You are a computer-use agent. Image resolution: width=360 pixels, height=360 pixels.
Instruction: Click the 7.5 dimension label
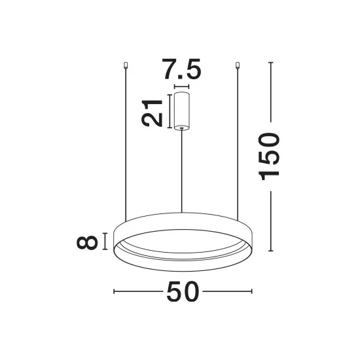point(181,69)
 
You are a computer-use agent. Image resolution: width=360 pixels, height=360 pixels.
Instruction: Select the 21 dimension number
point(152,113)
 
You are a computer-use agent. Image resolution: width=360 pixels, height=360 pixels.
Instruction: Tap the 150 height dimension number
point(269,156)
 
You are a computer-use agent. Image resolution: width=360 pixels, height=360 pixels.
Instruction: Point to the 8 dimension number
point(87,242)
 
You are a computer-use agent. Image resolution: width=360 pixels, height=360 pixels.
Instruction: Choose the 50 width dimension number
point(183,291)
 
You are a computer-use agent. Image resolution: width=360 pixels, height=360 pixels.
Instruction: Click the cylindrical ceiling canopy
point(181,111)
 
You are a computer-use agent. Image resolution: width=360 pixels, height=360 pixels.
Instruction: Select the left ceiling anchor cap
point(126,65)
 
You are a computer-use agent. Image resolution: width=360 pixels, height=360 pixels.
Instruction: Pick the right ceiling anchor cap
point(238,65)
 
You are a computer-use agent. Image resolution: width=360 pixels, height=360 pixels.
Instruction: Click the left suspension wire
point(126,145)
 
